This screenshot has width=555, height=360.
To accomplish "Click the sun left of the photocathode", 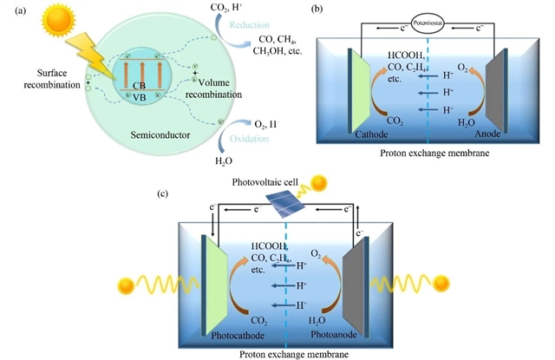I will [x=124, y=282].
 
